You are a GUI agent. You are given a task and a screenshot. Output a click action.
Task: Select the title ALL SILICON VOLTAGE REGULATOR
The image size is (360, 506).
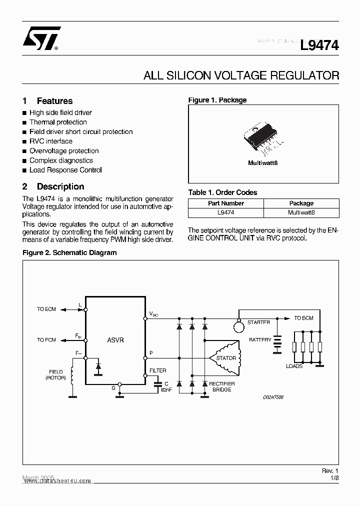tap(241, 76)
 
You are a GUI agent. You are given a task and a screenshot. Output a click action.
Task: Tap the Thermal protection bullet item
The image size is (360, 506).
tap(58, 122)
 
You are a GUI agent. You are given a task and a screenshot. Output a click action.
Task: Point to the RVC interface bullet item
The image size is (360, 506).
tap(50, 141)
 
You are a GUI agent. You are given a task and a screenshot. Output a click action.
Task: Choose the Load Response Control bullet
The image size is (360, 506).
tap(65, 170)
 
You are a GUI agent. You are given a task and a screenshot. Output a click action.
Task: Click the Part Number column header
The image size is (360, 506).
tap(226, 203)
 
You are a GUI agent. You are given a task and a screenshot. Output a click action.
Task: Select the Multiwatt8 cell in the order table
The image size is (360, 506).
tap(301, 212)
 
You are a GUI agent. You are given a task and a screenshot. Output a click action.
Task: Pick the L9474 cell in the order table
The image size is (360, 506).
tap(226, 212)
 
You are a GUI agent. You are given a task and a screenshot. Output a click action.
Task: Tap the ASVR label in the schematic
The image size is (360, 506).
tap(115, 340)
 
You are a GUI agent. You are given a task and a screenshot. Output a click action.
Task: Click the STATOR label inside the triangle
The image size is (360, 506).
tap(226, 358)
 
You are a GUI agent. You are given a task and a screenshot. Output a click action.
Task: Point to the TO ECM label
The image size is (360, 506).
tap(46, 309)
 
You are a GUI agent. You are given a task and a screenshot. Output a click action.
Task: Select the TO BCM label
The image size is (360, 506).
tap(303, 318)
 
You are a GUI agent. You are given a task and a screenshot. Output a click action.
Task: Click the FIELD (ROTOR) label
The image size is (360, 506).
tap(55, 375)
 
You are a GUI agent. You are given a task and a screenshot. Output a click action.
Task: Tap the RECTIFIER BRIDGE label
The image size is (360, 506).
tap(222, 386)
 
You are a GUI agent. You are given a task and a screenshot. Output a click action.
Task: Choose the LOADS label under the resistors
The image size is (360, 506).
tap(294, 366)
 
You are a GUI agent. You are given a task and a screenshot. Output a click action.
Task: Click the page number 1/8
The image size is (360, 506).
tap(334, 478)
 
